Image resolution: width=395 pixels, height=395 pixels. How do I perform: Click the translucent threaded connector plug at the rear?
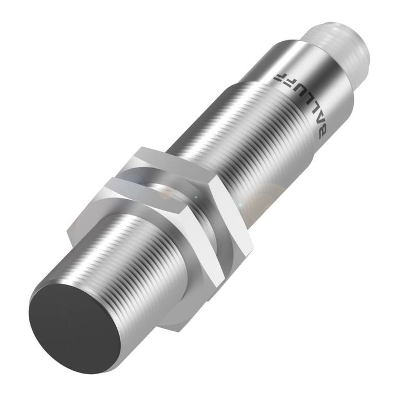tap(339, 51)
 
